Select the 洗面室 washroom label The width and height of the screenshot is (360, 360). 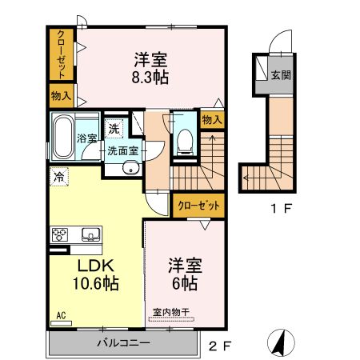(x=123, y=149)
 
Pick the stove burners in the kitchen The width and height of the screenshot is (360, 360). (x=61, y=234)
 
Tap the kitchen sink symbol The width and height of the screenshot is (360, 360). (x=90, y=234)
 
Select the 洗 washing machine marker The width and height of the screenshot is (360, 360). (x=114, y=128)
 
